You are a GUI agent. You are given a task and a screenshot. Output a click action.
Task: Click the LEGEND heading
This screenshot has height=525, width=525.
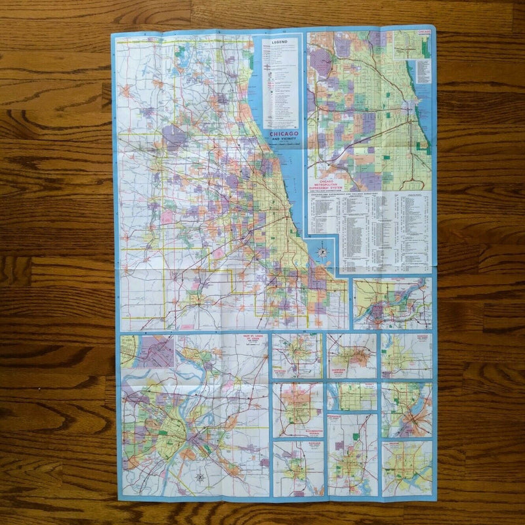pyautogui.click(x=280, y=41)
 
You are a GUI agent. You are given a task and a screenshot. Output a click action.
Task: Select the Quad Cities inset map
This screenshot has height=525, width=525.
pyautogui.click(x=392, y=303)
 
